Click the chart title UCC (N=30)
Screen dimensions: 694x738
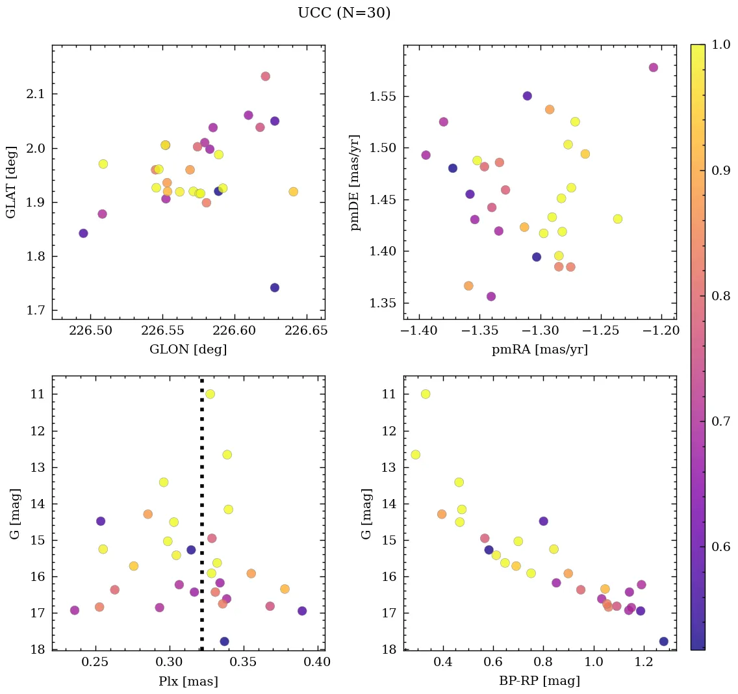pos(344,13)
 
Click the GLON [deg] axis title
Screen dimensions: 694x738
pos(188,350)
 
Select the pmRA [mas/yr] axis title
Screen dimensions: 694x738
pos(539,350)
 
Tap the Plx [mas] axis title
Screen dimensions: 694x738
pos(188,681)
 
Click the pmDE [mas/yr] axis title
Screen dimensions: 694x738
pos(355,182)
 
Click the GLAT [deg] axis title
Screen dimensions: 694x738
pos(11,182)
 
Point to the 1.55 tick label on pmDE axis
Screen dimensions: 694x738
pos(383,97)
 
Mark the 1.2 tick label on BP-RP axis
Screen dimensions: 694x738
pos(644,663)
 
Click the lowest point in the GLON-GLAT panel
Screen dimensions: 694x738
pos(275,287)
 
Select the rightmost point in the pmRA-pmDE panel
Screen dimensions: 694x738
pos(654,68)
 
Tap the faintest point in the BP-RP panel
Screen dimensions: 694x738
pos(663,641)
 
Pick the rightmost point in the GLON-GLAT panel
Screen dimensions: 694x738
pos(293,192)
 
